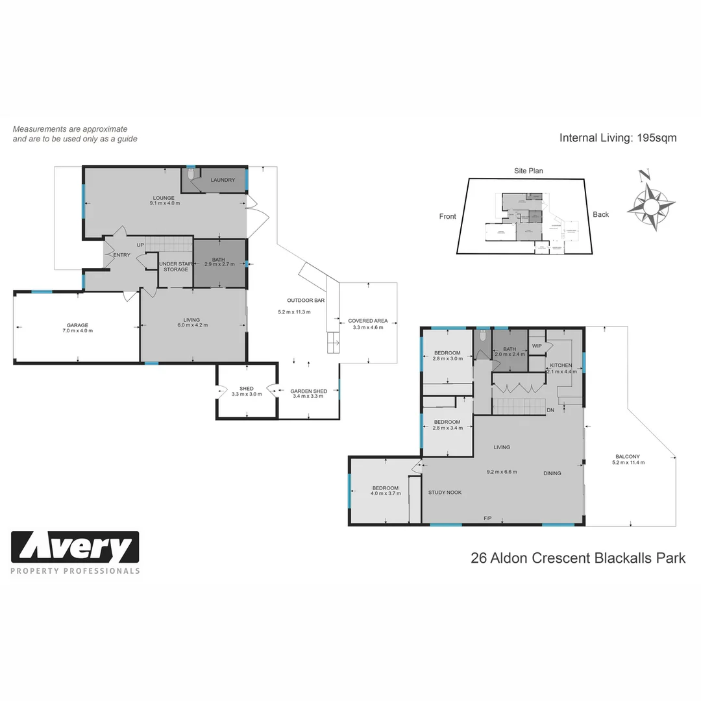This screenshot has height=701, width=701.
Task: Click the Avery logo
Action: [75, 548]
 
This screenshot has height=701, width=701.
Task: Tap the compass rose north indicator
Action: [644, 175]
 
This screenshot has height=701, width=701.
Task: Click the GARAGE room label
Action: [77, 325]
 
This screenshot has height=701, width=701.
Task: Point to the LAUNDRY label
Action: [223, 180]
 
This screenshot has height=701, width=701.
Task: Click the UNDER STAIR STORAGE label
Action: [175, 266]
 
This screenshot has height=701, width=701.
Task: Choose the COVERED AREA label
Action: [367, 321]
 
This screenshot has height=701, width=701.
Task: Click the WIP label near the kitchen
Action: [537, 346]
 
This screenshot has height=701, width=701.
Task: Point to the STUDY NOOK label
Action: [445, 493]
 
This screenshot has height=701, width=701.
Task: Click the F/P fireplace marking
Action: [487, 518]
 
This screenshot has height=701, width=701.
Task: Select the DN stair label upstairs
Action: [550, 410]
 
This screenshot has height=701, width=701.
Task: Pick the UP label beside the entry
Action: [140, 245]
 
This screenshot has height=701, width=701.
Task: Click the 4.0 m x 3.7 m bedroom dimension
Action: [386, 493]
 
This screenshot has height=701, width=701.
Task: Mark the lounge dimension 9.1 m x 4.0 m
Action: [164, 203]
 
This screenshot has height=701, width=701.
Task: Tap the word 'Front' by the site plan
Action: [448, 217]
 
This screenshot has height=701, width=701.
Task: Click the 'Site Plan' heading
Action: [528, 171]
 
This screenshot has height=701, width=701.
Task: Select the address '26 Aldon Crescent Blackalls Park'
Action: [578, 558]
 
